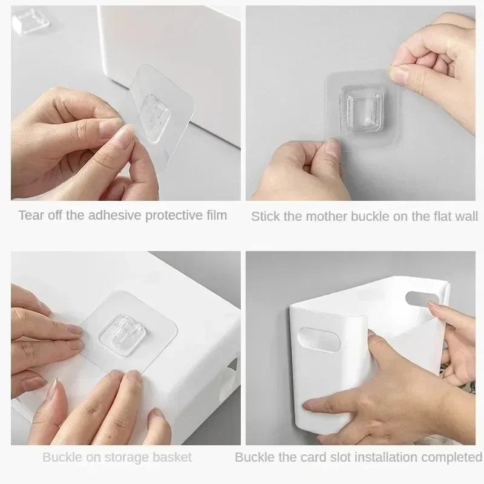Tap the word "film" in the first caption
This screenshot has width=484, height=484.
click(x=215, y=215)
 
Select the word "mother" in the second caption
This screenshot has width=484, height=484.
click(x=323, y=216)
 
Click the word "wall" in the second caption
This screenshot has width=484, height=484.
click(x=465, y=216)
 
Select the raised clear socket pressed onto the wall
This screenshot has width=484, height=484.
click(x=361, y=110)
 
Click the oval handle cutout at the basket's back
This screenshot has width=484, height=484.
click(x=423, y=298)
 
